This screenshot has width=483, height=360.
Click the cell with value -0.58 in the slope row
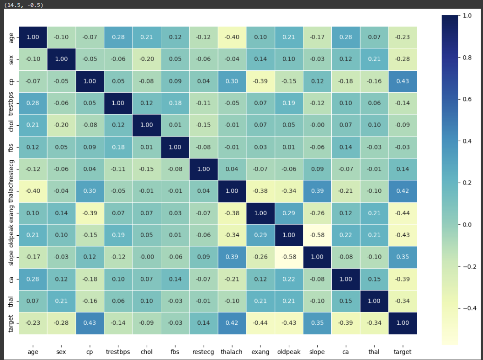tap(289, 257)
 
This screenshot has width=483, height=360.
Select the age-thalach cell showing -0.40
tap(232, 37)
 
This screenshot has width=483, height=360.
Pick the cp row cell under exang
tap(260, 81)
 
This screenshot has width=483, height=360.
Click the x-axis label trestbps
tap(118, 352)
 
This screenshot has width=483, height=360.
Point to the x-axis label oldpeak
tap(289, 352)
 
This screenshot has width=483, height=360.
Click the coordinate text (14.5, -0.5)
tap(23, 5)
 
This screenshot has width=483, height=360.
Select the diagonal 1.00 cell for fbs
tap(175, 147)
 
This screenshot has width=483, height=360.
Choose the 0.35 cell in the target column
tap(403, 257)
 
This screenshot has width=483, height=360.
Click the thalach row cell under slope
tap(317, 191)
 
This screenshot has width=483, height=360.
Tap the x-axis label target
tap(403, 352)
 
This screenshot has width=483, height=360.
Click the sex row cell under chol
tap(147, 59)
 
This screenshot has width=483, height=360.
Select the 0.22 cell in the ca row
tap(289, 279)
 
